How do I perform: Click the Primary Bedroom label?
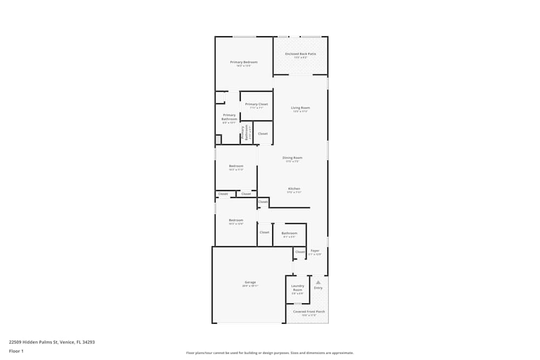(x=244, y=62)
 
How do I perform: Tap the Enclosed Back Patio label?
(x=300, y=54)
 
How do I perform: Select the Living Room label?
(x=300, y=108)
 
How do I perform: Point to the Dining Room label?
(x=292, y=158)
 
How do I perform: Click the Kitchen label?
(x=294, y=189)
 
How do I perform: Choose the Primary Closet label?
(x=256, y=104)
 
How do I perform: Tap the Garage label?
(x=250, y=282)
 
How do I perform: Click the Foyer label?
(x=315, y=251)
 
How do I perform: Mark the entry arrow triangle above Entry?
(x=318, y=282)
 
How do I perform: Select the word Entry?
(x=318, y=288)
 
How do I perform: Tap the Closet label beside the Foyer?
(x=300, y=252)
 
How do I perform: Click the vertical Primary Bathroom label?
(x=246, y=133)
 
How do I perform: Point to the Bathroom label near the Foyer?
(x=289, y=233)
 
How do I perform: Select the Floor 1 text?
(x=16, y=351)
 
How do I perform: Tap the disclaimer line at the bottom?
(x=270, y=352)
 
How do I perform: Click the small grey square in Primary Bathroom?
(x=218, y=139)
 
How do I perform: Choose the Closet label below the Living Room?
(x=262, y=133)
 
